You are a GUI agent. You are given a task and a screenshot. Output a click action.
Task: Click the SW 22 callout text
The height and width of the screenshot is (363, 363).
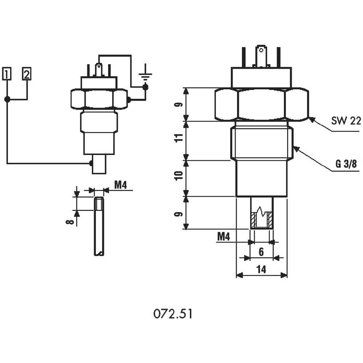pos(346,121)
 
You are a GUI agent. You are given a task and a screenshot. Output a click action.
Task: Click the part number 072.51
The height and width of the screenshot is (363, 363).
pos(172,314)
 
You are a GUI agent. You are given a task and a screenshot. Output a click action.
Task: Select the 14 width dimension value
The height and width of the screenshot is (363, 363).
pos(261,269)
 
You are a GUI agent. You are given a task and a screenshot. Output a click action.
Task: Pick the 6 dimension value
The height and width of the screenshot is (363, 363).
pos(261,252)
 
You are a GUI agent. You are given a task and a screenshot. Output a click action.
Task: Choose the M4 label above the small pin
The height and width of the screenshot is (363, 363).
pos(120,185)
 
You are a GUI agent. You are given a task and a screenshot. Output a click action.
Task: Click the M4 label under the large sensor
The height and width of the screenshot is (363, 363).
pos(224,237)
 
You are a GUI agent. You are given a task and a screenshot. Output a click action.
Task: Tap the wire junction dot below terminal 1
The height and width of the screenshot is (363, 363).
pos(7,99)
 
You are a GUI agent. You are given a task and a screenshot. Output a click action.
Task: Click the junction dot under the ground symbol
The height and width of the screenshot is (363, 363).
pos(146,87)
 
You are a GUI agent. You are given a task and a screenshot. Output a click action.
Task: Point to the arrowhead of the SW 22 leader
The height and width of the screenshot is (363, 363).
pos(311,118)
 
